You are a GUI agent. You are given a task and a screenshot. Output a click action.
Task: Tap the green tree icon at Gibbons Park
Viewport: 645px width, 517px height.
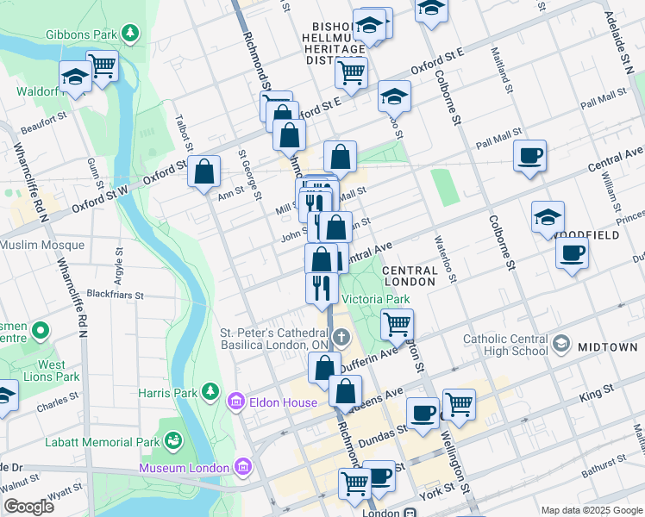pyautogui.click(x=130, y=34)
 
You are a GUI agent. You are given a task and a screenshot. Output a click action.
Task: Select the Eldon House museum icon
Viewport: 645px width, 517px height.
pyautogui.click(x=235, y=401)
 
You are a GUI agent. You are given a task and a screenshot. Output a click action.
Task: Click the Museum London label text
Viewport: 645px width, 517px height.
pyautogui.click(x=184, y=468)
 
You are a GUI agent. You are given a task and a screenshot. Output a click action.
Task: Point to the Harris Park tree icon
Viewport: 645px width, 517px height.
pyautogui.click(x=210, y=393)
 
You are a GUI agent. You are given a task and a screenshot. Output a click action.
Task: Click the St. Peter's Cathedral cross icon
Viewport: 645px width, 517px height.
pyautogui.click(x=341, y=336)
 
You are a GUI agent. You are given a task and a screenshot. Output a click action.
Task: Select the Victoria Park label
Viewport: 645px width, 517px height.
pyautogui.click(x=375, y=299)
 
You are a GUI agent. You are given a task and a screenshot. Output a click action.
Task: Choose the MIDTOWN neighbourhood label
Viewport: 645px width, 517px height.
pyautogui.click(x=608, y=347)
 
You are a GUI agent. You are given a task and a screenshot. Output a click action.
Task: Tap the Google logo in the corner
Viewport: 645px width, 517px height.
pyautogui.click(x=28, y=506)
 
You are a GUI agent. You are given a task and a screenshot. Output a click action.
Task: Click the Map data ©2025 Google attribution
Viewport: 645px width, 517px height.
pyautogui.click(x=592, y=510)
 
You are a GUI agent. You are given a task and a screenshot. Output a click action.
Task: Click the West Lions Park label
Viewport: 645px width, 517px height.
pyautogui.click(x=52, y=371)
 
